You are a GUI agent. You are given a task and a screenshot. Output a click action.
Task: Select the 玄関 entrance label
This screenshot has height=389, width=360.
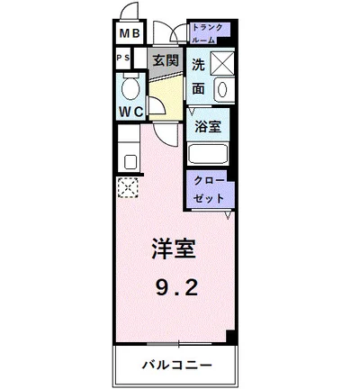click(164, 62)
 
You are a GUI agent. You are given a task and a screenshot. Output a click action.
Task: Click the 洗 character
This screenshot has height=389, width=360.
click(199, 64)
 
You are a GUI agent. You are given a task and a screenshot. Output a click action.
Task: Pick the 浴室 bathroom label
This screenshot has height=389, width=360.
click(210, 126)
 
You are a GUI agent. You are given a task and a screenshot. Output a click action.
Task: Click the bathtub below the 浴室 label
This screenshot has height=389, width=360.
click(210, 152)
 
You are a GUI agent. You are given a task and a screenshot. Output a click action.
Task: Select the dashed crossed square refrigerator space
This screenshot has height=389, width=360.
click(127, 187)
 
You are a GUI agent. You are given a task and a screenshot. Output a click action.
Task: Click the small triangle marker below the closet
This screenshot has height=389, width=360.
click(229, 215)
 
